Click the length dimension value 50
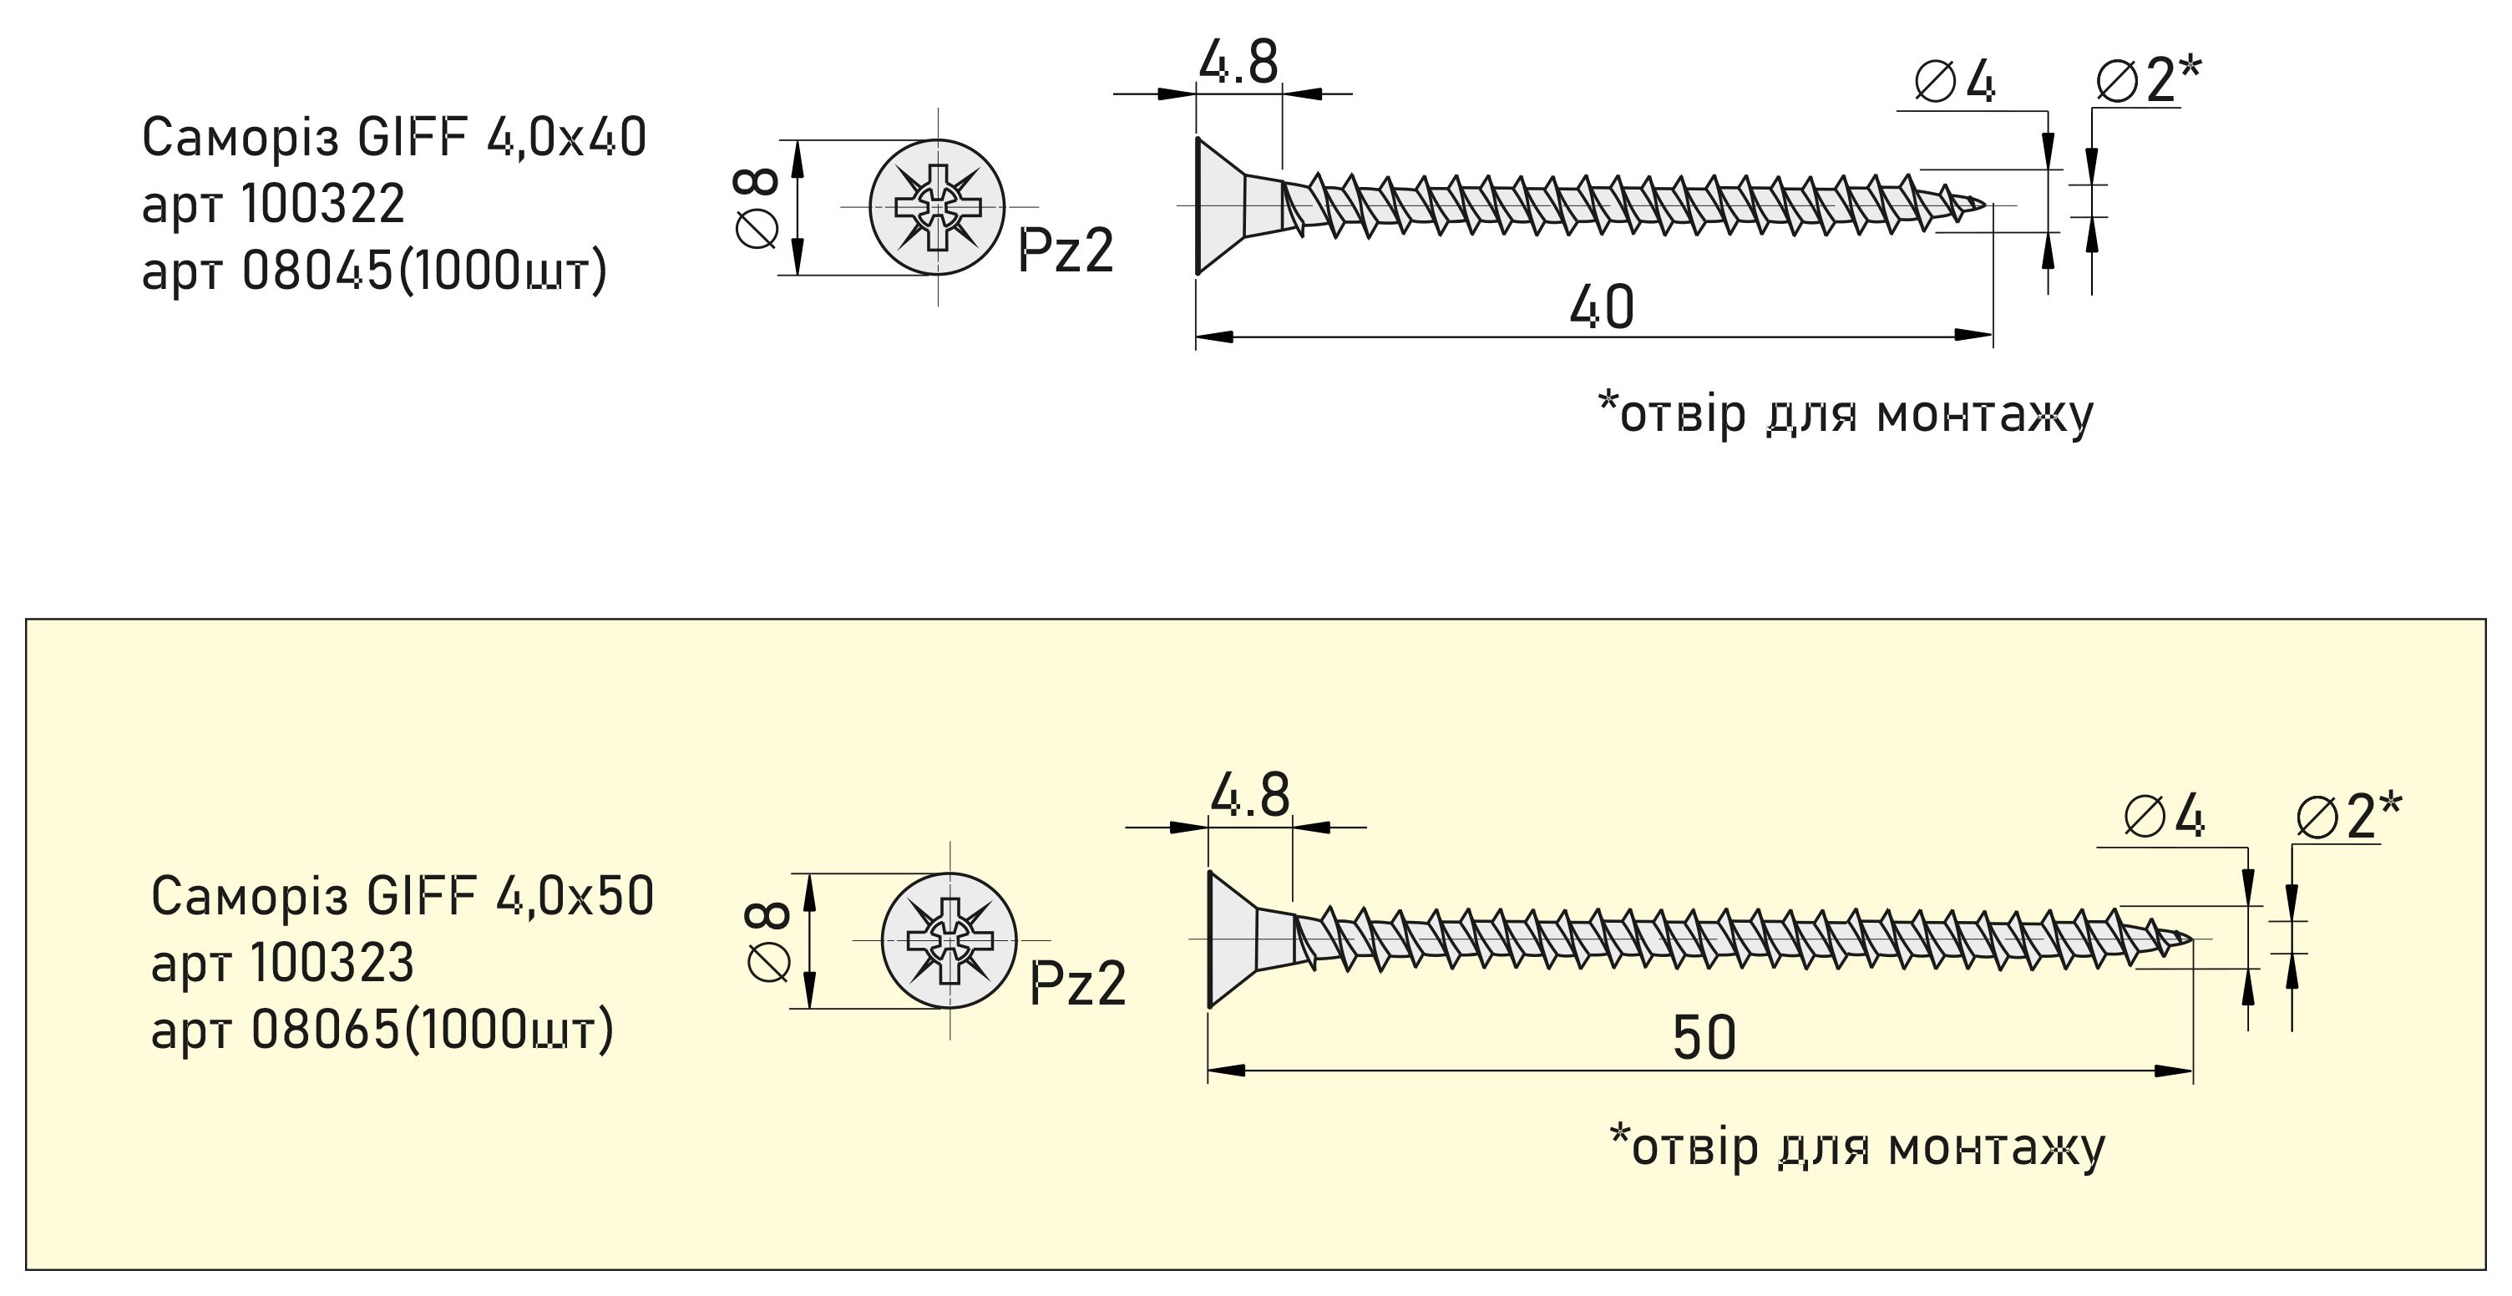1704,1038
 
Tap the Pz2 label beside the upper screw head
1065,251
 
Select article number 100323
332,963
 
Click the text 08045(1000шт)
424,271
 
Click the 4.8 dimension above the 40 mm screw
1238,63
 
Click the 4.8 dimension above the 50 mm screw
1250,796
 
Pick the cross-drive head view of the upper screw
936,207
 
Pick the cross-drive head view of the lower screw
949,940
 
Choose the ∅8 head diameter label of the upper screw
757,207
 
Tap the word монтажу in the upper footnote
1984,413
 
